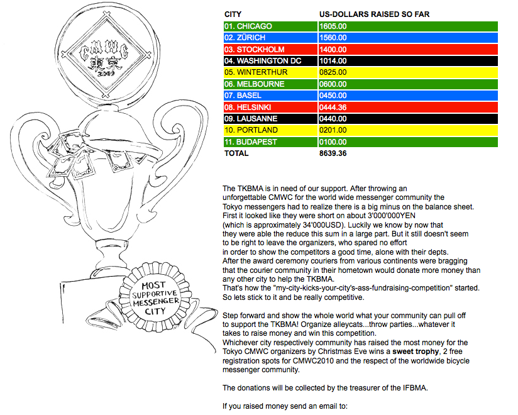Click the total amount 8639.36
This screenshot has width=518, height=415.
pos(333,153)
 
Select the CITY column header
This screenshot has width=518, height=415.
pos(233,14)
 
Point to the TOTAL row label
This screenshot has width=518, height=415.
pos(235,153)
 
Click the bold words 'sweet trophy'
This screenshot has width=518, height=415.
pos(414,352)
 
